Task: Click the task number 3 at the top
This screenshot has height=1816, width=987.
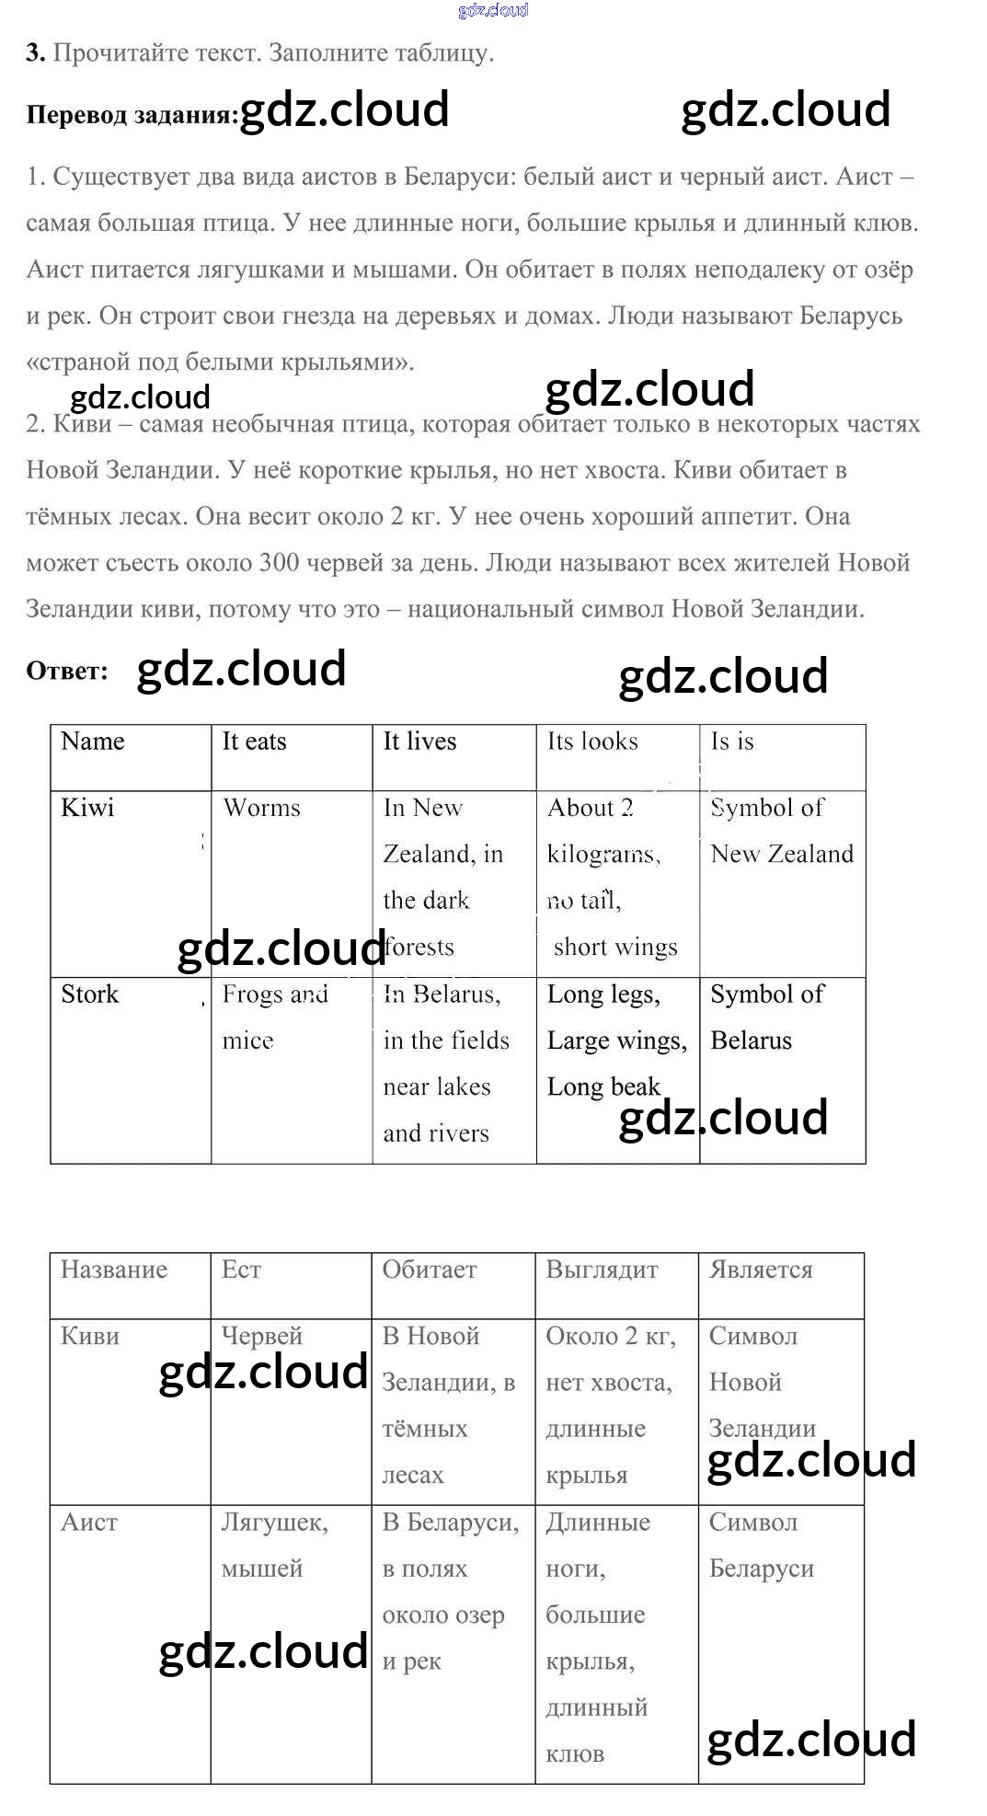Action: [x=35, y=53]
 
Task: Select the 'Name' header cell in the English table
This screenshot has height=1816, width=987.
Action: [x=92, y=741]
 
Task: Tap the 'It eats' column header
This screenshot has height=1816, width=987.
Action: [x=254, y=741]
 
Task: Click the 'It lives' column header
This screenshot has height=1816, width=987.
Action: [x=419, y=741]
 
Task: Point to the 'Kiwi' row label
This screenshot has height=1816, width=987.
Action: [x=87, y=808]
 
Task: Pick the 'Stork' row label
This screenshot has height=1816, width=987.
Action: [x=89, y=994]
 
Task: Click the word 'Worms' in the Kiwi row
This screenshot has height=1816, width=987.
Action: [x=261, y=808]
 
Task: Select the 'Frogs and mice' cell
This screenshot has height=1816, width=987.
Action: [x=274, y=1017]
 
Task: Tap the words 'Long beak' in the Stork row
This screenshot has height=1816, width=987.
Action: [x=603, y=1087]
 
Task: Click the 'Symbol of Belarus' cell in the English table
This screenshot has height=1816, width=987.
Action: [x=767, y=1017]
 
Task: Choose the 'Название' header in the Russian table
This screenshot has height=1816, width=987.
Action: [x=114, y=1270]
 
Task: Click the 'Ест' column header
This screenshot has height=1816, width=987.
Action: [x=241, y=1270]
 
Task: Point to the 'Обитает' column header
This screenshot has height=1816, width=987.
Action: [x=430, y=1270]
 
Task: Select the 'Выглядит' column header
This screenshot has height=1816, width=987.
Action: [x=602, y=1270]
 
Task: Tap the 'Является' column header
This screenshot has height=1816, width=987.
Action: [x=761, y=1270]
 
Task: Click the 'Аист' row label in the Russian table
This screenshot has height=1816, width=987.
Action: [x=89, y=1523]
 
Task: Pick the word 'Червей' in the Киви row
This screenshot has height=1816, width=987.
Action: [x=261, y=1336]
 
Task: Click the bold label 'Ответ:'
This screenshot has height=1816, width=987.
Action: [x=66, y=672]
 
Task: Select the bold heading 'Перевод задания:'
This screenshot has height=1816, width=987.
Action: [x=132, y=115]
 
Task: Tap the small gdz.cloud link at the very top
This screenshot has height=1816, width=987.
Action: [x=493, y=10]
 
